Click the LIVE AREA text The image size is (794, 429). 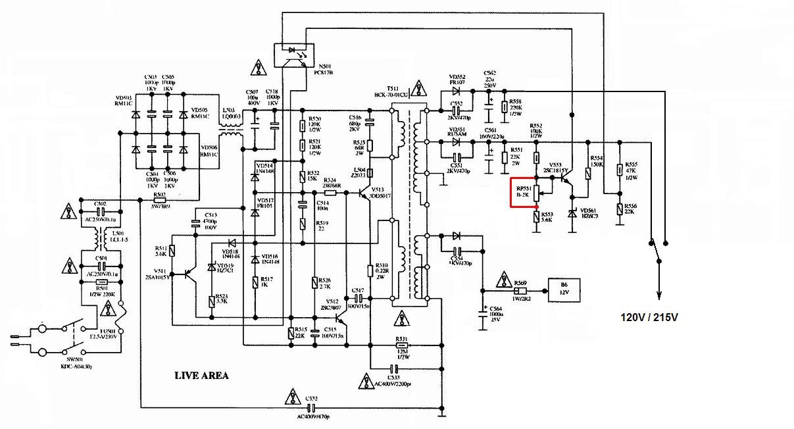click(201, 376)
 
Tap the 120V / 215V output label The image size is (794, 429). click(649, 317)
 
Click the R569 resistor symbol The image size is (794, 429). click(520, 290)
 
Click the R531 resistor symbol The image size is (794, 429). click(401, 344)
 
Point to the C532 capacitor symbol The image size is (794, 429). click(311, 408)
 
